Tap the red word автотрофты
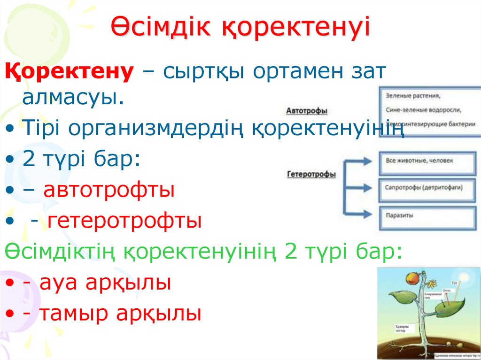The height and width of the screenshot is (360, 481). pyautogui.click(x=109, y=191)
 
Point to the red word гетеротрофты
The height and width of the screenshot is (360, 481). pyautogui.click(x=124, y=221)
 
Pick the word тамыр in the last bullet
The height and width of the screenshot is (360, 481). pyautogui.click(x=72, y=314)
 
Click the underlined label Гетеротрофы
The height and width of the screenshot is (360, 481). pyautogui.click(x=311, y=174)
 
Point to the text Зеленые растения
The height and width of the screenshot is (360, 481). pyautogui.click(x=413, y=96)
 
